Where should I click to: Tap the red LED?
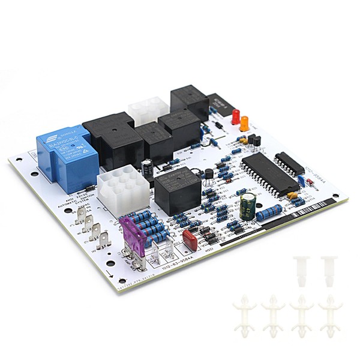click(236, 116)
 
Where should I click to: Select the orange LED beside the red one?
click(244, 124)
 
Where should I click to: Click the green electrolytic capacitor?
click(248, 205)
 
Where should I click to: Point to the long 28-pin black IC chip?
click(268, 172)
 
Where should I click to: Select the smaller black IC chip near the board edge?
click(289, 163)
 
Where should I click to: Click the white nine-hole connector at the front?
click(123, 187)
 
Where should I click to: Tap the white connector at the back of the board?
click(149, 112)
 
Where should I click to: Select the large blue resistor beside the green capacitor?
click(269, 211)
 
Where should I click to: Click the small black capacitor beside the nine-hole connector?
click(147, 167)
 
